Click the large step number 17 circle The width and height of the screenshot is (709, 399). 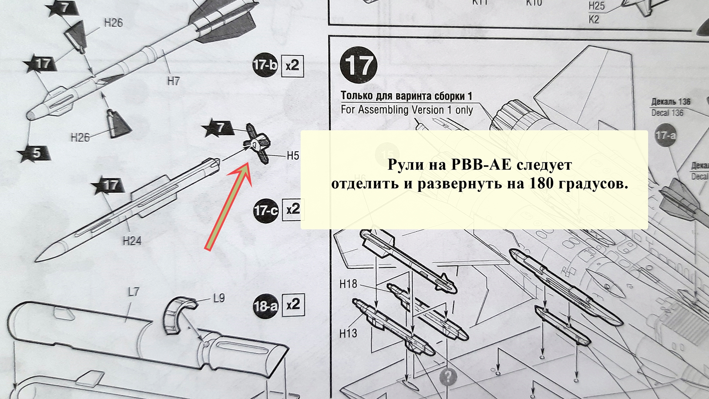(358, 65)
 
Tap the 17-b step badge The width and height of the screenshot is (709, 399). (265, 65)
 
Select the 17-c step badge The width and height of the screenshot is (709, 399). (266, 211)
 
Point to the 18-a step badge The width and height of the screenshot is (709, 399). (266, 306)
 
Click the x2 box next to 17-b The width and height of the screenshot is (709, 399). (292, 66)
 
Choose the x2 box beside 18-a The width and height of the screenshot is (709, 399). (293, 305)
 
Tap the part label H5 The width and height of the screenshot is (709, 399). (293, 156)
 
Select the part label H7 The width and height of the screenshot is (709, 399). (173, 81)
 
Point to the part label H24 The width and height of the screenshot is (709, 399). (132, 241)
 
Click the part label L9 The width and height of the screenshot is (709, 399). (219, 298)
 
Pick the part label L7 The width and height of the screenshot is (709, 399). (133, 292)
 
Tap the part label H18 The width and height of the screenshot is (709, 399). (348, 284)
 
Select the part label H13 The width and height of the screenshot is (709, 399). (348, 333)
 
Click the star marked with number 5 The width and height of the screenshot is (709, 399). (35, 154)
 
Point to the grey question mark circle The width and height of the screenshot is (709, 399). (448, 376)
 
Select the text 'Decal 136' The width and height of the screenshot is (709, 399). (667, 113)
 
